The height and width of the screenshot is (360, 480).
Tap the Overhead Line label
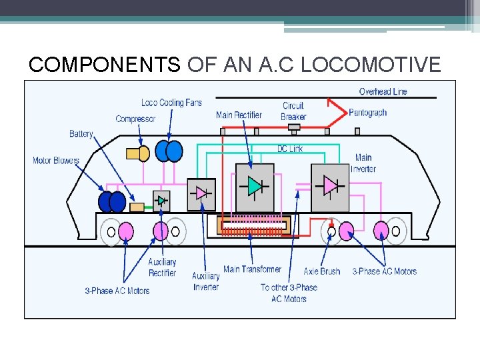(383, 91)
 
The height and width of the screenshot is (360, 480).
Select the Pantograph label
(367, 113)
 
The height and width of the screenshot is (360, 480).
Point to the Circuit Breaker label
(293, 111)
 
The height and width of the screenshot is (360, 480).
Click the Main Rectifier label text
(239, 115)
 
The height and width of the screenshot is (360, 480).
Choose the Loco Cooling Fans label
(171, 103)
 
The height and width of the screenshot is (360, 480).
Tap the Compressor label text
(135, 119)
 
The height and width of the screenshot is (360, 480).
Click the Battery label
(81, 134)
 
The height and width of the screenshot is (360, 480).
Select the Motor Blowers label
(56, 161)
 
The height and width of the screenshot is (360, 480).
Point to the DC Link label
(290, 149)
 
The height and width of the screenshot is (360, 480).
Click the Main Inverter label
(363, 163)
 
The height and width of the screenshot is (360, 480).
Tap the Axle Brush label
(322, 271)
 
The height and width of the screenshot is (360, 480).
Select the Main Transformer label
(252, 269)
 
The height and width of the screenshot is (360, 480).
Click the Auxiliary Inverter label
(205, 281)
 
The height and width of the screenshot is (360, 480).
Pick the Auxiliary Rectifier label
(162, 267)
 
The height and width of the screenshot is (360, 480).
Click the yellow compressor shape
(137, 154)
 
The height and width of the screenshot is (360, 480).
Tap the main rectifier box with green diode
(255, 187)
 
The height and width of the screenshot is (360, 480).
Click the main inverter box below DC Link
(330, 187)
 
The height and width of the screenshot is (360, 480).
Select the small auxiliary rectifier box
(161, 201)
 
